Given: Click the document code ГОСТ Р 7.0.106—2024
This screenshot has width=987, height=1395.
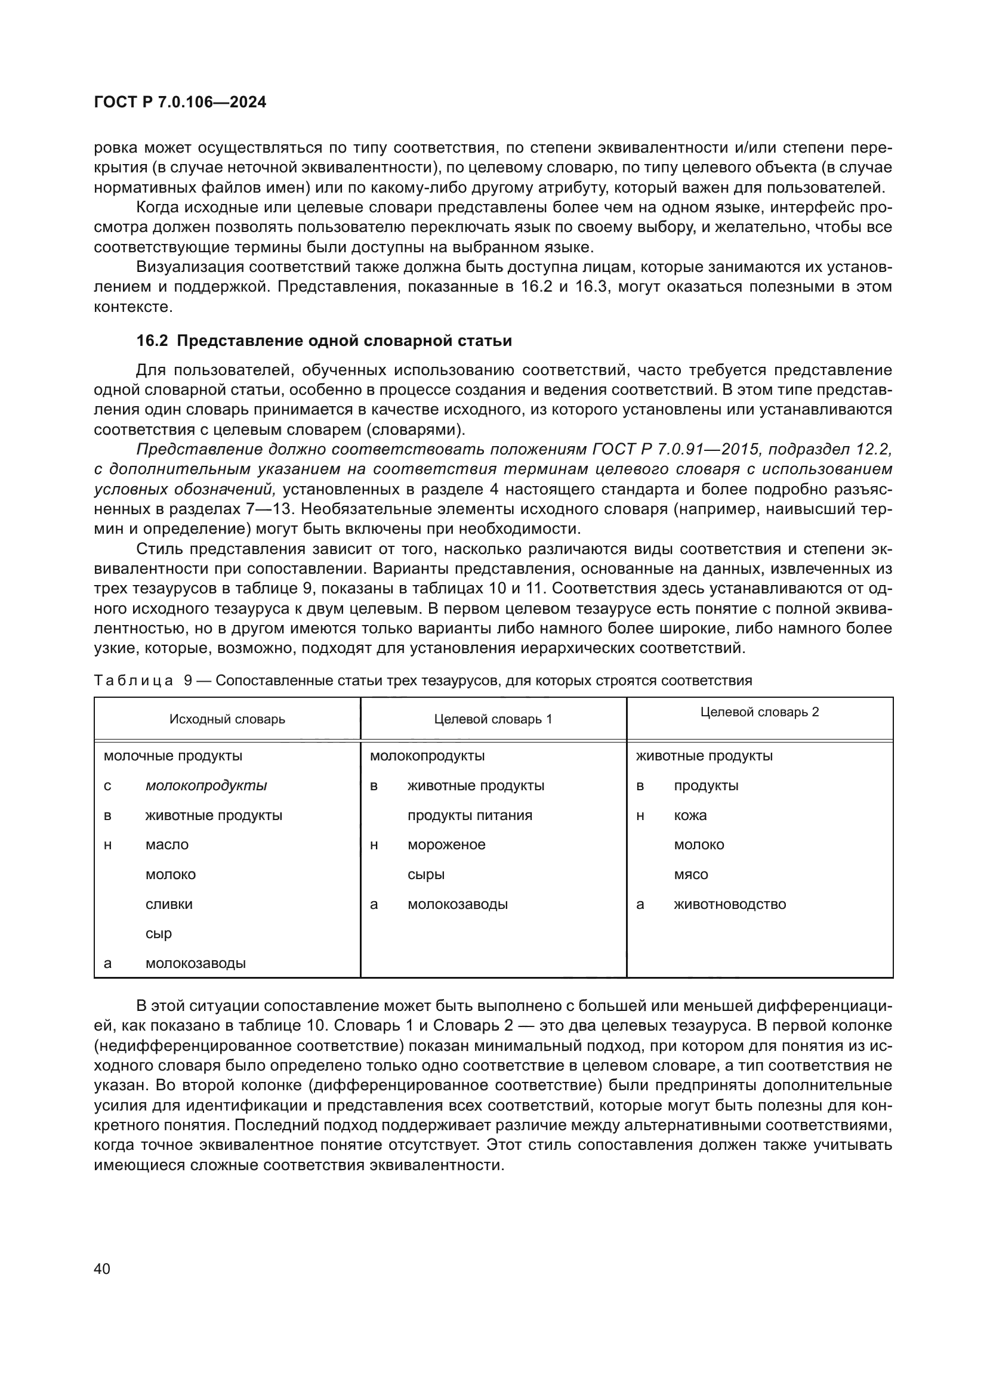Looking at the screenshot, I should (x=180, y=102).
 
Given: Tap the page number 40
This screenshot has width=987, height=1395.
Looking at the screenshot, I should (x=102, y=1269).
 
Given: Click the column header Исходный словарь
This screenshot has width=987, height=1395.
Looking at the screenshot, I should (x=227, y=719).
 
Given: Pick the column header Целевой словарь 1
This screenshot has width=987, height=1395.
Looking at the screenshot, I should (x=493, y=719).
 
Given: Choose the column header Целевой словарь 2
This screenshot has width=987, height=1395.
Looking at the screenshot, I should (x=760, y=712).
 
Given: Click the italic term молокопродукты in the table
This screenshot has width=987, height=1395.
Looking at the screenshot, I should (x=206, y=785).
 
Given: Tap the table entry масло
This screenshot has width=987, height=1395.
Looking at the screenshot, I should (x=167, y=845).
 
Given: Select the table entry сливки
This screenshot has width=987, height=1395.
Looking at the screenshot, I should (x=169, y=904).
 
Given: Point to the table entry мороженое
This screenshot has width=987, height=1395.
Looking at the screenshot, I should (x=446, y=845).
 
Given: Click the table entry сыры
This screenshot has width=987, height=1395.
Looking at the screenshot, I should (x=426, y=874).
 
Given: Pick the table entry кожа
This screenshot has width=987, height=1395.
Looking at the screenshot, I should (x=690, y=815).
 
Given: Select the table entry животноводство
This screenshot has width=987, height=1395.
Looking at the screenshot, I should (x=729, y=904).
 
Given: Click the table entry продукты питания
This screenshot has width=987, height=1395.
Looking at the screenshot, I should (x=470, y=815).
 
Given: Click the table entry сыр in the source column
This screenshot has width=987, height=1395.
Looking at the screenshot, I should (x=159, y=933).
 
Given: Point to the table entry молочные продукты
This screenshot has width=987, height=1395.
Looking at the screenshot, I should (x=172, y=756).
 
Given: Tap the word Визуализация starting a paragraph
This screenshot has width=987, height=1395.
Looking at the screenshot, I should (x=189, y=267).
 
